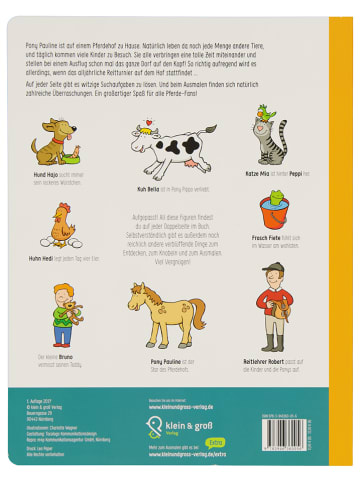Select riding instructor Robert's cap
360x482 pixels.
[x=272, y=268]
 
